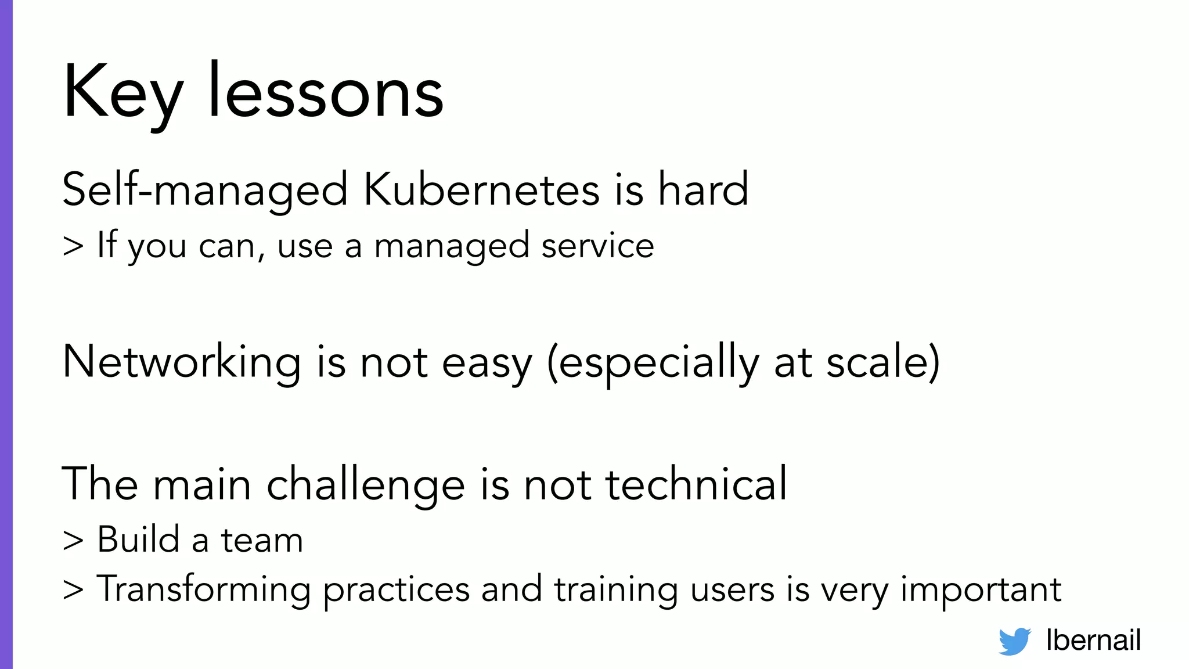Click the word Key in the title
pyautogui.click(x=123, y=93)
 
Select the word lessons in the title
pyautogui.click(x=326, y=93)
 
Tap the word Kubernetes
pyautogui.click(x=482, y=189)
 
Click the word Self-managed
pyautogui.click(x=205, y=190)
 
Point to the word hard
pyautogui.click(x=703, y=189)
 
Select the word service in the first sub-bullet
pyautogui.click(x=597, y=246)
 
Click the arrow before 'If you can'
pyautogui.click(x=73, y=246)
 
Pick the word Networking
pyautogui.click(x=181, y=362)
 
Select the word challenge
pyautogui.click(x=365, y=484)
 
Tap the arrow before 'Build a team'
pyautogui.click(x=73, y=541)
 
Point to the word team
pyautogui.click(x=262, y=540)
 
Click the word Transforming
pyautogui.click(x=203, y=590)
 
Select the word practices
pyautogui.click(x=396, y=590)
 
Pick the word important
pyautogui.click(x=981, y=590)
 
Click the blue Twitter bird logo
pyautogui.click(x=1014, y=641)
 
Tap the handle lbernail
pyautogui.click(x=1093, y=640)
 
